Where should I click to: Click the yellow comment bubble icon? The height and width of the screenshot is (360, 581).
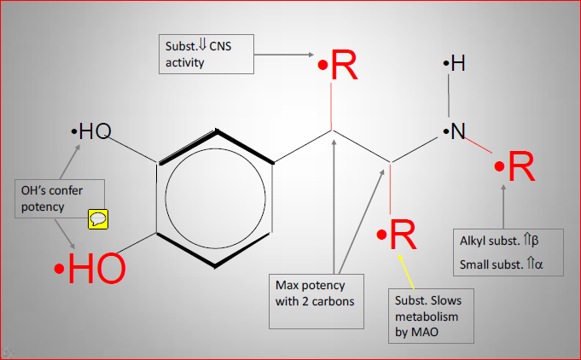(x=99, y=219)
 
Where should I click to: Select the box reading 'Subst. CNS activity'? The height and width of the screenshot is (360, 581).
(x=206, y=54)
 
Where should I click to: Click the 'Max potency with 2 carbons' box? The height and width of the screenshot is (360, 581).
(x=319, y=301)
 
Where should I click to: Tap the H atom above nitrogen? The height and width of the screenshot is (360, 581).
(x=458, y=63)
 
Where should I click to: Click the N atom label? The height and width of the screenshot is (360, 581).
(x=458, y=131)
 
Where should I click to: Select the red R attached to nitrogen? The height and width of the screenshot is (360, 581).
(x=520, y=168)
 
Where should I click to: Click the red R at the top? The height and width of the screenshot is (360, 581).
(x=343, y=66)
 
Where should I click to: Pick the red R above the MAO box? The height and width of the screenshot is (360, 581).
(x=402, y=235)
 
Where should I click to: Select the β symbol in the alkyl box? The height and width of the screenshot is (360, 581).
(x=536, y=239)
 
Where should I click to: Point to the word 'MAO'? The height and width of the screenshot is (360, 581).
(x=425, y=331)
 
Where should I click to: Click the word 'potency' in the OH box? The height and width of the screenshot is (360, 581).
(x=43, y=206)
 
